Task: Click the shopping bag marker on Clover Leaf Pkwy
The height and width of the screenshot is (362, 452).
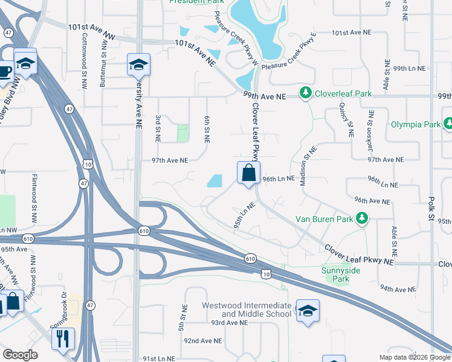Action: coord(248,174)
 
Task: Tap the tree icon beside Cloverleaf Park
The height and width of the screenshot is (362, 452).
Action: coord(306,94)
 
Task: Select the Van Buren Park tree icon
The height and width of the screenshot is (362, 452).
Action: coord(361,218)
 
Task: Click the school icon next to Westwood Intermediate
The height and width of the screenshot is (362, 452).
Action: coord(308,311)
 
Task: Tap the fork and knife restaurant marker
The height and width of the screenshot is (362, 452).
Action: coord(63,340)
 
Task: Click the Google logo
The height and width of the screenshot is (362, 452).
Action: coord(19,354)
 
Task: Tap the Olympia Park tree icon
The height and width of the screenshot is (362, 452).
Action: coord(448,124)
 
